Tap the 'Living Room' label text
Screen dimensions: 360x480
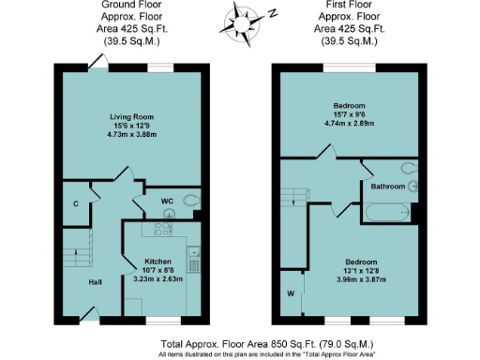130,117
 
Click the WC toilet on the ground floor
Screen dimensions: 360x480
192,200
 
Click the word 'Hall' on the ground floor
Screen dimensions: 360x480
95,281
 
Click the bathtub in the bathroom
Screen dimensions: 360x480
385,214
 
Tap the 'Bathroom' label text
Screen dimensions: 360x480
387,187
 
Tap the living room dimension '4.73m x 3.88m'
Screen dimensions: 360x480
130,135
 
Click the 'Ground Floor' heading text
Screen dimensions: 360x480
131,5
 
